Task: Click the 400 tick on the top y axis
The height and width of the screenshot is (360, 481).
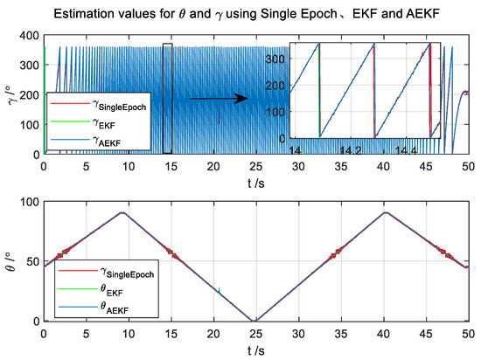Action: click(x=29, y=35)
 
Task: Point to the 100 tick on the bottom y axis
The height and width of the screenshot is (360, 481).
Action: click(x=29, y=202)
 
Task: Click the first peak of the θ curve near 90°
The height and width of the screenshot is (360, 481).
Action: click(x=123, y=212)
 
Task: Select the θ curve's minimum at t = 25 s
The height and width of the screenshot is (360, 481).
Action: click(x=254, y=321)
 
